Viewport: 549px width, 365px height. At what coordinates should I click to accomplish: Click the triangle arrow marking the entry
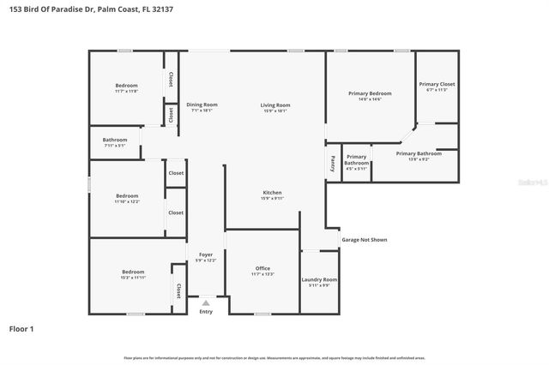coord(205,302)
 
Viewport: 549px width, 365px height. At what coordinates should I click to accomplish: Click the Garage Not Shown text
coord(365,240)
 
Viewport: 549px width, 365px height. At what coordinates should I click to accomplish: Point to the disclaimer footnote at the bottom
coord(274,357)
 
